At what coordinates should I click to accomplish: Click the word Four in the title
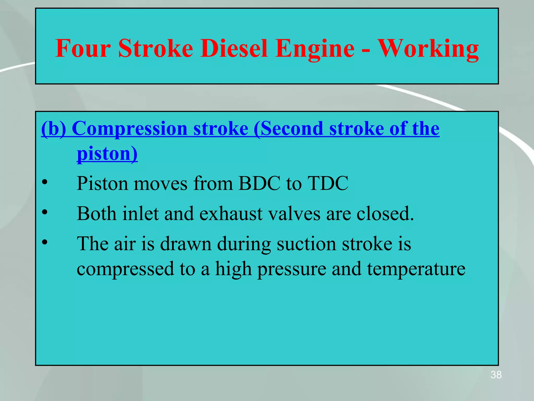[83, 49]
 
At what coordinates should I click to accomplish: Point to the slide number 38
[496, 375]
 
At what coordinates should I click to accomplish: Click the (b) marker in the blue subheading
[53, 129]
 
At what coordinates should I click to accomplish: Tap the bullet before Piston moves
[45, 182]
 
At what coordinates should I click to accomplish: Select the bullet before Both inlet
[45, 212]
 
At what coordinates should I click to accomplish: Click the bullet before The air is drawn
[45, 242]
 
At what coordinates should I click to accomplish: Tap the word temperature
[416, 269]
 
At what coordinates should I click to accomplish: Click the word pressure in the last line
[292, 269]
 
